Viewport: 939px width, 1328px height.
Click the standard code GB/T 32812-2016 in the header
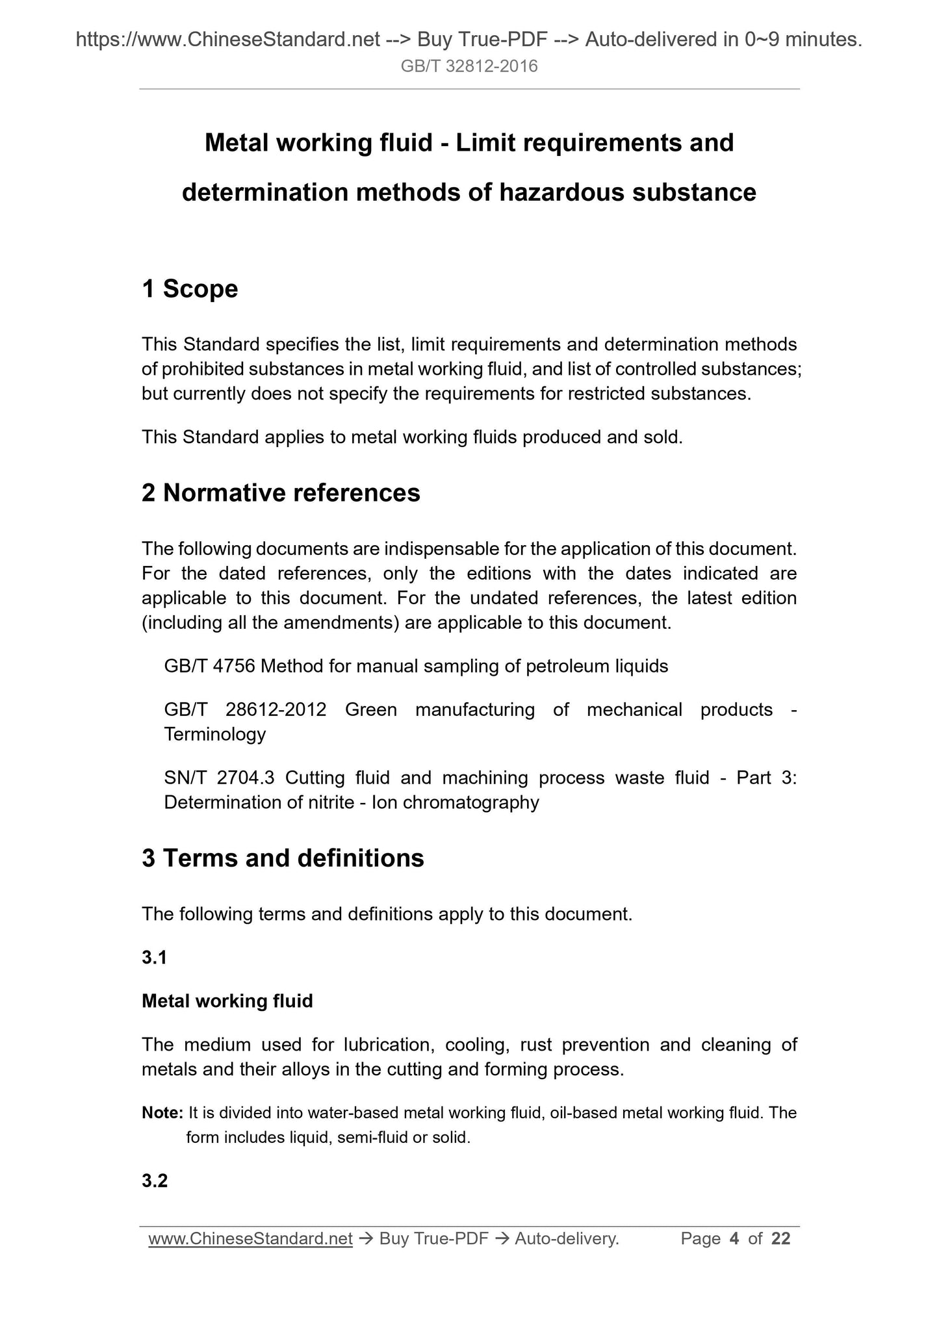(x=469, y=66)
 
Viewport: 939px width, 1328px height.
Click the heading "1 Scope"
(x=190, y=289)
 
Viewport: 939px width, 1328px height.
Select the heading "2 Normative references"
(x=281, y=493)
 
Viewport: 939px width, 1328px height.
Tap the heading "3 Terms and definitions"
(x=283, y=858)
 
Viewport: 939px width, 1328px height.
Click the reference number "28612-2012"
(x=276, y=709)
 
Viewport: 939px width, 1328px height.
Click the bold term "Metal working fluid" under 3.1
(x=227, y=1001)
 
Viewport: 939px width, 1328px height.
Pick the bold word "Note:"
(x=162, y=1113)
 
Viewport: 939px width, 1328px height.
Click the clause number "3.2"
(x=155, y=1181)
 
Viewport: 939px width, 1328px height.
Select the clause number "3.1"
(x=154, y=958)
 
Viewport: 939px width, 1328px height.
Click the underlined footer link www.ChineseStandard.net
(x=250, y=1239)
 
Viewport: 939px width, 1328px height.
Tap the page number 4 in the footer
(x=734, y=1239)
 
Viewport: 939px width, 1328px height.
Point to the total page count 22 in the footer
(x=780, y=1239)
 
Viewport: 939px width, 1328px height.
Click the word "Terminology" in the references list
(x=214, y=734)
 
